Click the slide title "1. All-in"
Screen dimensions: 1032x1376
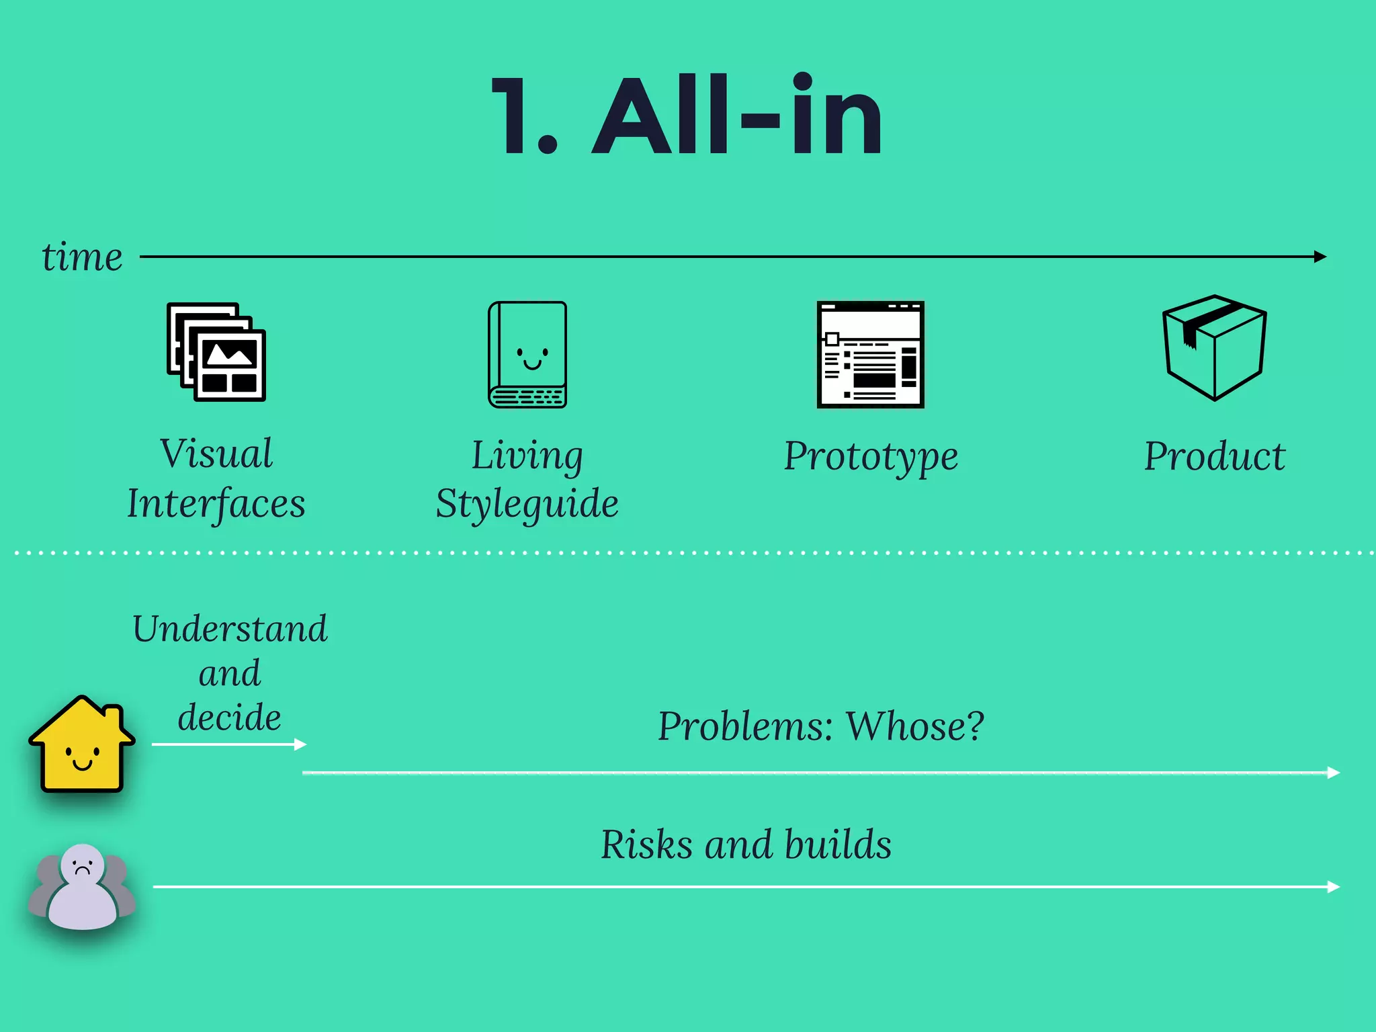tap(687, 116)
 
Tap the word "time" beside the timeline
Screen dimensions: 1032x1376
tap(82, 257)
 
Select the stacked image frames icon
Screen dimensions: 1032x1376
tap(216, 352)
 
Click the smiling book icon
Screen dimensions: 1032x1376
tap(527, 354)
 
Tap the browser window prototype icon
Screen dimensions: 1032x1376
tap(870, 354)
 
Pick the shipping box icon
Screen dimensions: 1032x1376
tap(1214, 347)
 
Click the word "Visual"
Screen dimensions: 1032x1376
tap(216, 454)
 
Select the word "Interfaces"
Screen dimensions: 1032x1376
tap(216, 503)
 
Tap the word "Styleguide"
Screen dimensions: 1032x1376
tap(527, 503)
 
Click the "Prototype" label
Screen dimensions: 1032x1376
tap(871, 456)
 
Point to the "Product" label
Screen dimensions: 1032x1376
tap(1214, 456)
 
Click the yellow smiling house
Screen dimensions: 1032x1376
tap(82, 746)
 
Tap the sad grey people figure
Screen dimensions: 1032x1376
tap(82, 887)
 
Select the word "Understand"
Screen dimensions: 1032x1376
tap(230, 629)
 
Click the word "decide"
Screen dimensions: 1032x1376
tap(230, 717)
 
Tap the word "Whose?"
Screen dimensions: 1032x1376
tap(915, 726)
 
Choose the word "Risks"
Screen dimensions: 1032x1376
tap(646, 844)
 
